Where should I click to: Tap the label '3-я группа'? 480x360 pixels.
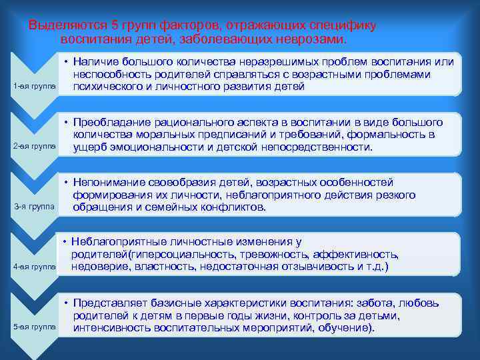pos(34,207)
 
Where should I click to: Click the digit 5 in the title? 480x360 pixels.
pos(115,25)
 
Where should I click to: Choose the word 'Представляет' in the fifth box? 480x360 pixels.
pos(110,303)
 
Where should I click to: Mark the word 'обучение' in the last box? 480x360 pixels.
pos(346,328)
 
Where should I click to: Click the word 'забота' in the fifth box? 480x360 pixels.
pos(388,303)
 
